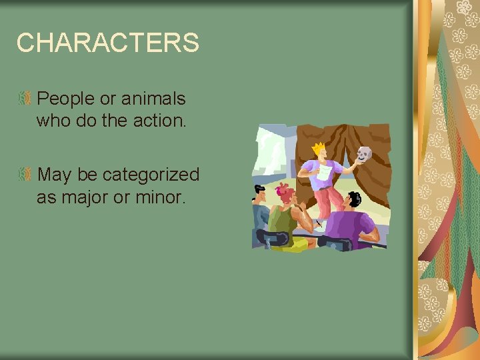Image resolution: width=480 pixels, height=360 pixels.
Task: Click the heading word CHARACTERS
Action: point(107,43)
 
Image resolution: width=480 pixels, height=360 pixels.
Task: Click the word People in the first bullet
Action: point(66,99)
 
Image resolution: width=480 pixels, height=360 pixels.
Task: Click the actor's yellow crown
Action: point(319,147)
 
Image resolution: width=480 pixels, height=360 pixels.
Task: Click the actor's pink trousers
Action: point(325,201)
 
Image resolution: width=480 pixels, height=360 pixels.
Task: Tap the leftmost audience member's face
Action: point(261,197)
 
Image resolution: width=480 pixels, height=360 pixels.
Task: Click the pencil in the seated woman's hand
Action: point(319,223)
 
